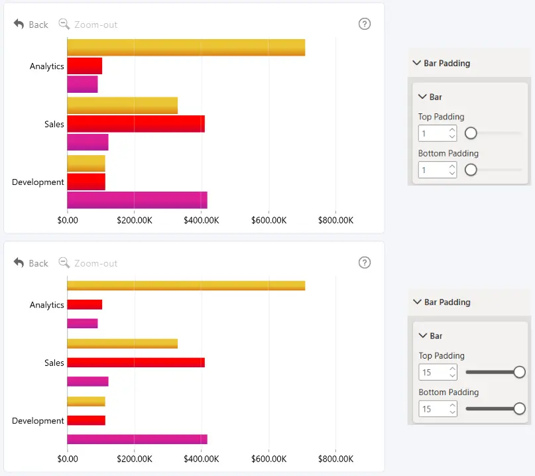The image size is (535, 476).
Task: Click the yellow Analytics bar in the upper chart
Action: tap(186, 48)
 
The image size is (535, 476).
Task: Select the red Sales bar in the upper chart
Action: tap(136, 123)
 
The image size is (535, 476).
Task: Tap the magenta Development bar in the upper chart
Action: tap(137, 200)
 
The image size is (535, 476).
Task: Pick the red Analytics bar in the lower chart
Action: tap(85, 304)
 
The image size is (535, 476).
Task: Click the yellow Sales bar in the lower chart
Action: tap(123, 343)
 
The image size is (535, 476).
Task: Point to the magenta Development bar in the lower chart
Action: tap(137, 439)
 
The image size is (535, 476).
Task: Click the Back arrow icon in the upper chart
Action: tap(19, 25)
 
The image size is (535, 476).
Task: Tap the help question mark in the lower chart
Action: tap(365, 263)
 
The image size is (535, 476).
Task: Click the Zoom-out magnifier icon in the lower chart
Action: tap(64, 263)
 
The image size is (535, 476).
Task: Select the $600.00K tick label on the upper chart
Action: tap(269, 220)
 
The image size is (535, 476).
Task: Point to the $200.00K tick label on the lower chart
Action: tap(135, 459)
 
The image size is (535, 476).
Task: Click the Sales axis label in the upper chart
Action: tap(54, 124)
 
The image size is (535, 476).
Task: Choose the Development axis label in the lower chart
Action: tap(38, 421)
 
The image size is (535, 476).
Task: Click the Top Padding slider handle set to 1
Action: tap(471, 133)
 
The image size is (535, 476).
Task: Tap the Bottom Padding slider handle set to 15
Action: tap(519, 408)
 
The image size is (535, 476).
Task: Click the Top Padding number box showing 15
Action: tap(438, 372)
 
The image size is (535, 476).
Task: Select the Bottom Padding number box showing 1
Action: tap(438, 170)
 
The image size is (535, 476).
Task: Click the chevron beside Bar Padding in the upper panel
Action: tap(416, 63)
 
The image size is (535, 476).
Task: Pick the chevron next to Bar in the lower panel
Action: tap(423, 335)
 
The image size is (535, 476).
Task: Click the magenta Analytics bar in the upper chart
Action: tap(82, 84)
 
